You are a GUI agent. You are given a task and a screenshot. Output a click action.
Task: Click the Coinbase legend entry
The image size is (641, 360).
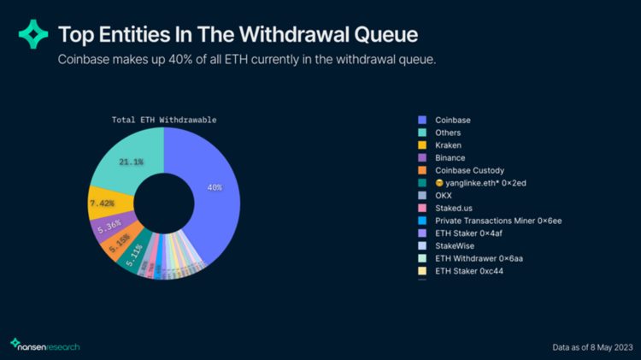[452, 120]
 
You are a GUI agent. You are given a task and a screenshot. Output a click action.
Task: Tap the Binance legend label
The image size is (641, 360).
[450, 158]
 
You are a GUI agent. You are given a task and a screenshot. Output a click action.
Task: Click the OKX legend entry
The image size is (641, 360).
[444, 196]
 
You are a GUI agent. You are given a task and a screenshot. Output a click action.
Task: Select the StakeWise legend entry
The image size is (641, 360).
[455, 246]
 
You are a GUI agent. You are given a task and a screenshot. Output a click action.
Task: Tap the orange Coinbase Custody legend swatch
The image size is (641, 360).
[422, 171]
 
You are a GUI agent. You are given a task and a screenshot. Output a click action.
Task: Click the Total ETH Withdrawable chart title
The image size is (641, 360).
[164, 120]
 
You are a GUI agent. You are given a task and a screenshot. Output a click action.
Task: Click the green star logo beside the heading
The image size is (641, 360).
[33, 34]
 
